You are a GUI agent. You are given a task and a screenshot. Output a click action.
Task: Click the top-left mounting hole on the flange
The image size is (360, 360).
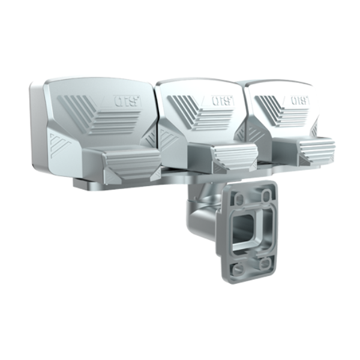click(x=239, y=198)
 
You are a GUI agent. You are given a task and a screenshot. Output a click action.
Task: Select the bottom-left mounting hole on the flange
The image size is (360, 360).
click(x=238, y=269)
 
